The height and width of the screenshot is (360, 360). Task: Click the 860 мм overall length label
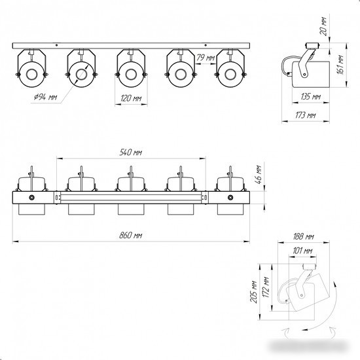point(131,236)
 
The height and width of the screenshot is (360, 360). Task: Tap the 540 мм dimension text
point(131,153)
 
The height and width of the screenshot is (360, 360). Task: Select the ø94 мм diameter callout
point(45,98)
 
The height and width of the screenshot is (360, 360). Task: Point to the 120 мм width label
point(131,98)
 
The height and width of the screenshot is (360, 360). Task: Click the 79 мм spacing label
point(206,58)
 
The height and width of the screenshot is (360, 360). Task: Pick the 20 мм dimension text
point(323,26)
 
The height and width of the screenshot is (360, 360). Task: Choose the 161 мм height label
point(340,65)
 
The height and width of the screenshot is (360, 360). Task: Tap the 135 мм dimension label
point(310,97)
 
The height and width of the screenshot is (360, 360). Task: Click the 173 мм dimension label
point(306,115)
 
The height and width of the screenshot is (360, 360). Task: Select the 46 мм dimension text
point(259,175)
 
